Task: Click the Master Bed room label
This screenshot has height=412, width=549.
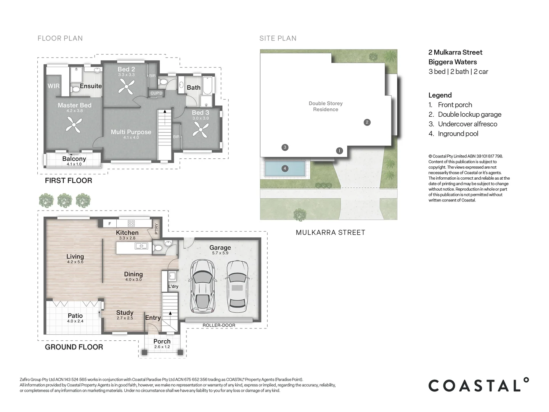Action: click(74, 105)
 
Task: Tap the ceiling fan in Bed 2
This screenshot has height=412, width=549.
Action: click(126, 86)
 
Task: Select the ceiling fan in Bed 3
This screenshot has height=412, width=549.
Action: click(201, 130)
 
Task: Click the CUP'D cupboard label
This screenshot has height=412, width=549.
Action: click(156, 93)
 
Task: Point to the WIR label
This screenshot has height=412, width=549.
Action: click(53, 86)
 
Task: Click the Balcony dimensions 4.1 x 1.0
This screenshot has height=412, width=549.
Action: click(74, 164)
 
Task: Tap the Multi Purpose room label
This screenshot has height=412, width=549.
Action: click(131, 132)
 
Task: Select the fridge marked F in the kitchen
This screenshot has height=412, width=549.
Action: click(109, 224)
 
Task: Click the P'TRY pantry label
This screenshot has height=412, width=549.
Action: click(157, 229)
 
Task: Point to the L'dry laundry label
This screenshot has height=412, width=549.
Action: click(173, 286)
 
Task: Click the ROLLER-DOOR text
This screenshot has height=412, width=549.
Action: click(219, 325)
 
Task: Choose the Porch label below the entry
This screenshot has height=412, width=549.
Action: click(162, 341)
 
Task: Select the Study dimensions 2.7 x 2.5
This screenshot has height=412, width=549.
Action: click(125, 318)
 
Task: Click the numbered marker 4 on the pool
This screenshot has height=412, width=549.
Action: click(285, 168)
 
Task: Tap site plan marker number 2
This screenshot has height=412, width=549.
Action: click(367, 122)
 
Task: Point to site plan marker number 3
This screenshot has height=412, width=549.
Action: click(285, 147)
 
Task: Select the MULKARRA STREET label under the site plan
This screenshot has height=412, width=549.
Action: click(331, 233)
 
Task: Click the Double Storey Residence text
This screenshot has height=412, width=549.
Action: click(326, 106)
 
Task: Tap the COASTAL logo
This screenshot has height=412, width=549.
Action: click(479, 385)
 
